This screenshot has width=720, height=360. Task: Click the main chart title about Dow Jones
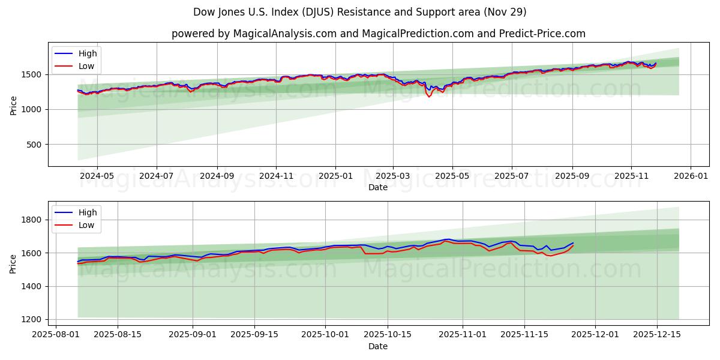pos(360,12)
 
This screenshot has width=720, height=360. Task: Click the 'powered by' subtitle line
pos(378,34)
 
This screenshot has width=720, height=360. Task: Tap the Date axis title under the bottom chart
pos(378,346)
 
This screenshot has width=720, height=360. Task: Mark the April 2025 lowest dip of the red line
pos(428,97)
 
